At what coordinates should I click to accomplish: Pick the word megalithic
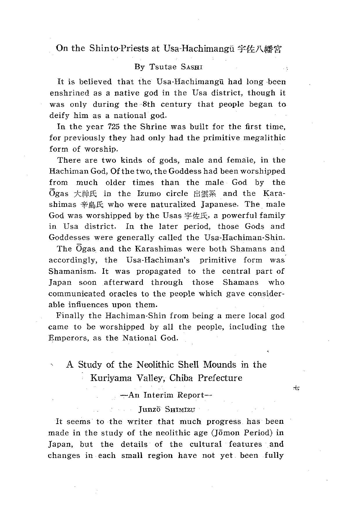264,138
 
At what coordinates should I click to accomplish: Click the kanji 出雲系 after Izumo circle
205,194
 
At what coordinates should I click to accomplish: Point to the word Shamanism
72,271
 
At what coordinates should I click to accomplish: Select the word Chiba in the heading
181,378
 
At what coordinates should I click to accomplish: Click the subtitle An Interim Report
166,395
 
